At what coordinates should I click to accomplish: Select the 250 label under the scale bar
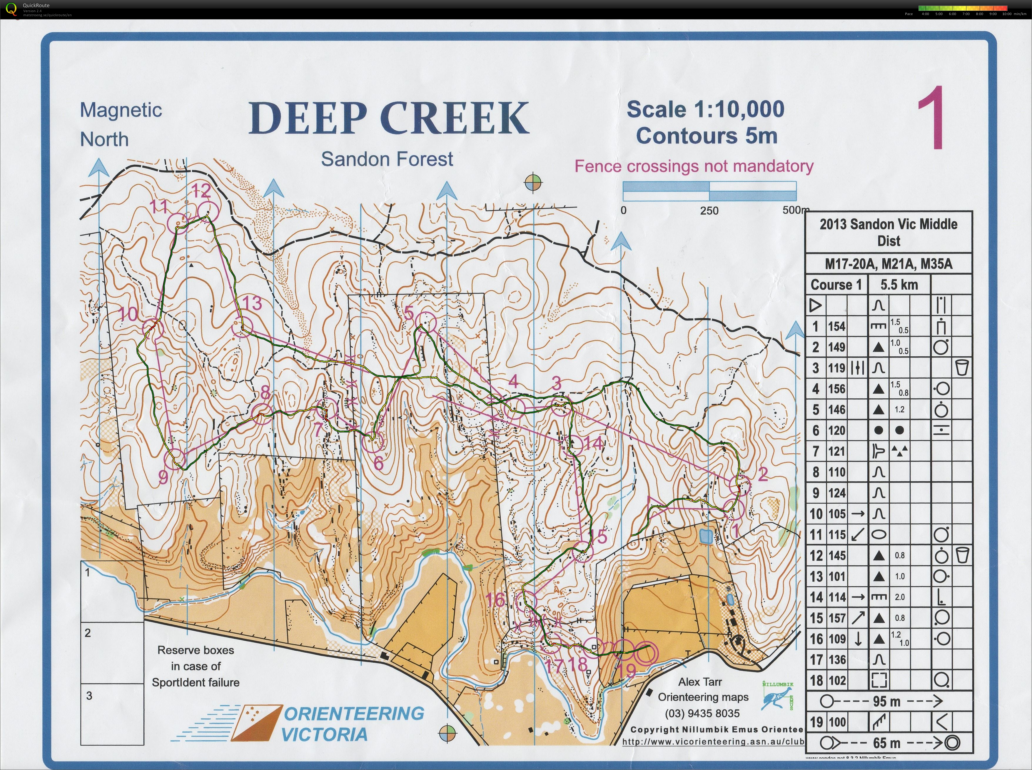pos(709,211)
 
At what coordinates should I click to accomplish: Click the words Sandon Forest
pos(387,159)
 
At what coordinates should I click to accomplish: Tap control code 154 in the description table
pos(837,326)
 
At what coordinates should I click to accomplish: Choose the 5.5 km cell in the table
pos(899,285)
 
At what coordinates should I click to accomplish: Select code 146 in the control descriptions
pos(837,410)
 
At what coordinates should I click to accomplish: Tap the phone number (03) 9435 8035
pos(702,713)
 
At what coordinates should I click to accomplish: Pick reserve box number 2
pos(112,652)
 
